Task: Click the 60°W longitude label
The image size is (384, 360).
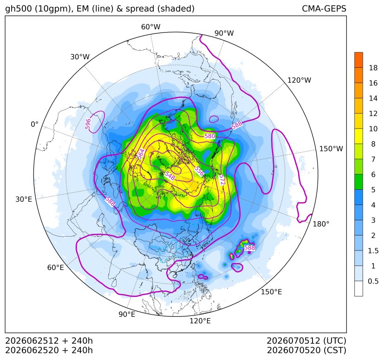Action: point(150,27)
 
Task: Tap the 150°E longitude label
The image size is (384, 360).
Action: point(271,292)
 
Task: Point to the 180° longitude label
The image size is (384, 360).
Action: point(321,224)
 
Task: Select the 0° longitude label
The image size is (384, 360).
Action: point(35,124)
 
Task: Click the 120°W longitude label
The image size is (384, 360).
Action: point(299,80)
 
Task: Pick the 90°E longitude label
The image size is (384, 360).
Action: point(127,314)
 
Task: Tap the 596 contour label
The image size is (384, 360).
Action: point(88,124)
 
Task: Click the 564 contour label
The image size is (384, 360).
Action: point(141,154)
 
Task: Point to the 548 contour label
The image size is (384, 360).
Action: point(170,176)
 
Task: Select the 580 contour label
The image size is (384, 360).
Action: point(210,136)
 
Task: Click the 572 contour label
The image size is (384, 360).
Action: point(221,180)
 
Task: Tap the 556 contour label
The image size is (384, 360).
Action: point(199,171)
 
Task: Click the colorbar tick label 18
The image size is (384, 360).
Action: point(373,68)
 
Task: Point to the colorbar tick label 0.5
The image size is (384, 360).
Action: point(373,281)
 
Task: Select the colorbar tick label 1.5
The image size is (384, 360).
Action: point(373,251)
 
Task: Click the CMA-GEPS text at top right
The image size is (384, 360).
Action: point(324,9)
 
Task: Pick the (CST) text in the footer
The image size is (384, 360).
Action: point(335,350)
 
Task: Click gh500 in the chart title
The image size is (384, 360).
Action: point(19,9)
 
